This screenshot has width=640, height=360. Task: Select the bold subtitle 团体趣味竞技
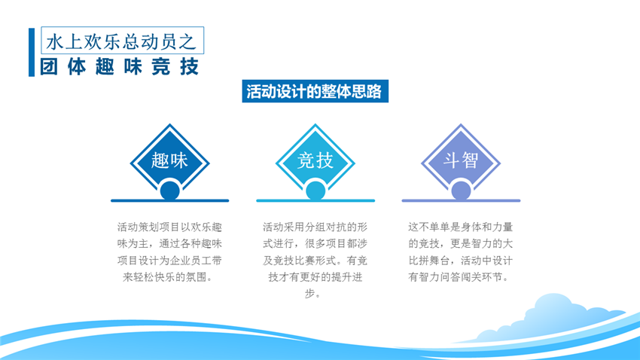[120, 67]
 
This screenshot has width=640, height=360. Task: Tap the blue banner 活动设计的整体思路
[314, 92]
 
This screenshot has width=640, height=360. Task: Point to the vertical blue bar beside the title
[32, 52]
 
